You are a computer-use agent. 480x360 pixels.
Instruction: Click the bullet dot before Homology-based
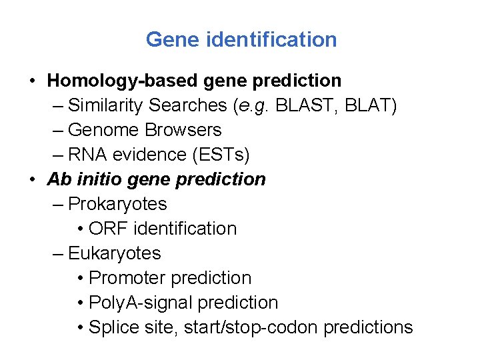pos(32,81)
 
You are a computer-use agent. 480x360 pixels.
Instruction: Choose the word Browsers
pos(183,130)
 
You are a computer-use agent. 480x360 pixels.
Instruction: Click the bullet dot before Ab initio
pos(32,179)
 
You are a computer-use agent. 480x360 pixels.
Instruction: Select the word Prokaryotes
pos(117,204)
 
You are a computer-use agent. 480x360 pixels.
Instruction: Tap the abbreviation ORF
pos(109,229)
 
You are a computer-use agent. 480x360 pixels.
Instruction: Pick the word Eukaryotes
pos(115,253)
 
